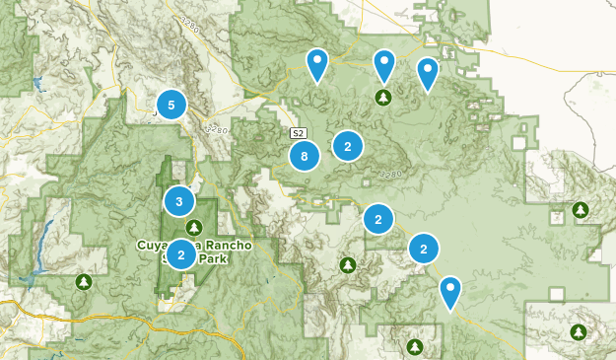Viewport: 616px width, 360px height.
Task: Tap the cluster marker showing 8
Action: click(305, 156)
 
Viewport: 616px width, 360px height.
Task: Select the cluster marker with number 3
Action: click(178, 202)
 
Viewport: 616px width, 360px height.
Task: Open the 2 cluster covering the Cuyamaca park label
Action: click(180, 254)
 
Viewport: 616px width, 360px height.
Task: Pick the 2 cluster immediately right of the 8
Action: click(347, 146)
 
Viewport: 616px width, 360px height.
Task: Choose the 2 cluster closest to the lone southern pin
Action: click(423, 249)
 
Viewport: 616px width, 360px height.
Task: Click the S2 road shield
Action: click(298, 132)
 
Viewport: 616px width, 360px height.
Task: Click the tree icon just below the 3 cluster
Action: click(194, 226)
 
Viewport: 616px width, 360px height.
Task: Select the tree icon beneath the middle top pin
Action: click(383, 97)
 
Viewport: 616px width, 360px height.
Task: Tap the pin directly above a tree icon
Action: click(383, 65)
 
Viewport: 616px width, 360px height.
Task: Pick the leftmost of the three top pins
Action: click(316, 64)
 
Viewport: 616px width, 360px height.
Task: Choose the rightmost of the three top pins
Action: click(427, 72)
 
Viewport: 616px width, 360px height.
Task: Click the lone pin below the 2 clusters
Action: click(450, 291)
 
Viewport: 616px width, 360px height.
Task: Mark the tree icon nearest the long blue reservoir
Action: click(84, 282)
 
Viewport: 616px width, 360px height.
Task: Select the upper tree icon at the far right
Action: click(581, 210)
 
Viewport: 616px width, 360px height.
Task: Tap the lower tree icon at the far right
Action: click(573, 331)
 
